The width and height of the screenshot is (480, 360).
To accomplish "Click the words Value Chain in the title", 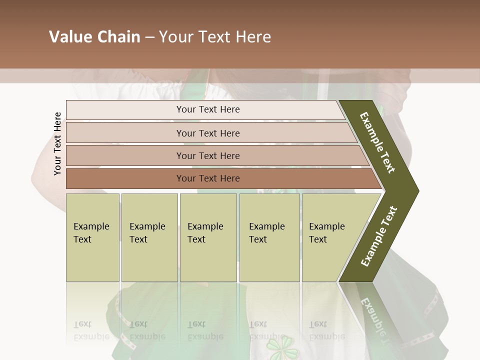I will click(x=94, y=37).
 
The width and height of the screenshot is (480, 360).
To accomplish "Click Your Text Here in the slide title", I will click(x=215, y=37).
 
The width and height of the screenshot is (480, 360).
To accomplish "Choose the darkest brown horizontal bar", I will click(x=125, y=178).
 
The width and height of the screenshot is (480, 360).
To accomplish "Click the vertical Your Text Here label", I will click(x=57, y=143).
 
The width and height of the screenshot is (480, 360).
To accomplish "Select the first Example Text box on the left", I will click(x=92, y=237).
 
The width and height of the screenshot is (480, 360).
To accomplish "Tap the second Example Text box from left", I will click(x=149, y=237).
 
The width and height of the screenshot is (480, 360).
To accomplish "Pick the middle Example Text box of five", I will click(x=208, y=237).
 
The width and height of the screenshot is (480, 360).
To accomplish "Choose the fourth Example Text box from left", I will click(x=269, y=237).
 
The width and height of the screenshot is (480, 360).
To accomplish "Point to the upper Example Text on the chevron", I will click(x=377, y=142).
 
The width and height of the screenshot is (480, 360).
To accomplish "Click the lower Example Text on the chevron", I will click(x=379, y=236).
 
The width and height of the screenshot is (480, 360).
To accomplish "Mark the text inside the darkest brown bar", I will click(x=208, y=178).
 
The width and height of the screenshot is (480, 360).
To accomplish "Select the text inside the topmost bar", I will click(x=208, y=109).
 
